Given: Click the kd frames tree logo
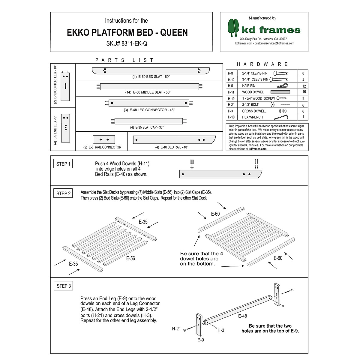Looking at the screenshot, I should pyautogui.click(x=233, y=28).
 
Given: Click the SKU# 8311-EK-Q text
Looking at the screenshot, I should pyautogui.click(x=127, y=43).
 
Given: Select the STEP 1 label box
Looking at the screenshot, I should pyautogui.click(x=63, y=164).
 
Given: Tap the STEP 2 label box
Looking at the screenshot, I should pyautogui.click(x=63, y=193).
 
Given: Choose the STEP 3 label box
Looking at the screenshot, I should pyautogui.click(x=64, y=286).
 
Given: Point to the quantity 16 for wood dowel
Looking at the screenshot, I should pyautogui.click(x=304, y=92).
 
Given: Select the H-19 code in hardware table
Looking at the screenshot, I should pyautogui.click(x=231, y=98).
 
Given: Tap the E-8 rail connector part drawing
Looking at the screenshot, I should pyautogui.click(x=104, y=139).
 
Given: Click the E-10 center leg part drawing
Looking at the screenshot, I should pyautogui.click(x=65, y=86).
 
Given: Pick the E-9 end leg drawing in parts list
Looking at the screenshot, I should pyautogui.click(x=65, y=128).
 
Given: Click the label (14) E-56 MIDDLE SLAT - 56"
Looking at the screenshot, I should pyautogui.click(x=148, y=92).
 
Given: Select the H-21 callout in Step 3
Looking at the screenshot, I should pyautogui.click(x=176, y=329).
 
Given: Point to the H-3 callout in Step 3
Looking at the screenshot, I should pyautogui.click(x=220, y=330).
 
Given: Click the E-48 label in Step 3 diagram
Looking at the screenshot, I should pyautogui.click(x=242, y=316).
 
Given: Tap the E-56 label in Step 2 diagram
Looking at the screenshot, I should pyautogui.click(x=130, y=258).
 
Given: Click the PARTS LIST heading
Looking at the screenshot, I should pyautogui.click(x=124, y=60).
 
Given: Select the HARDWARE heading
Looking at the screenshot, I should pyautogui.click(x=262, y=64).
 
